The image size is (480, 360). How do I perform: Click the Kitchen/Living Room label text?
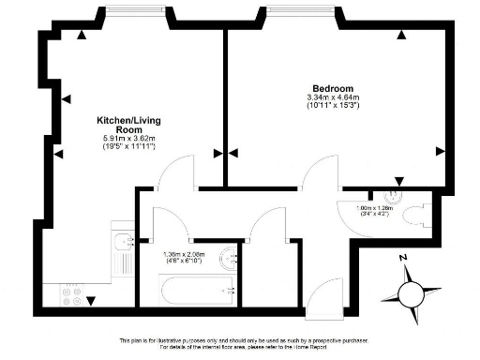tap(129, 126)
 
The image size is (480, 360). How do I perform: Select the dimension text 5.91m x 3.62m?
tap(129, 140)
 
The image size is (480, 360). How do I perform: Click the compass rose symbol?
tap(411, 289)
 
